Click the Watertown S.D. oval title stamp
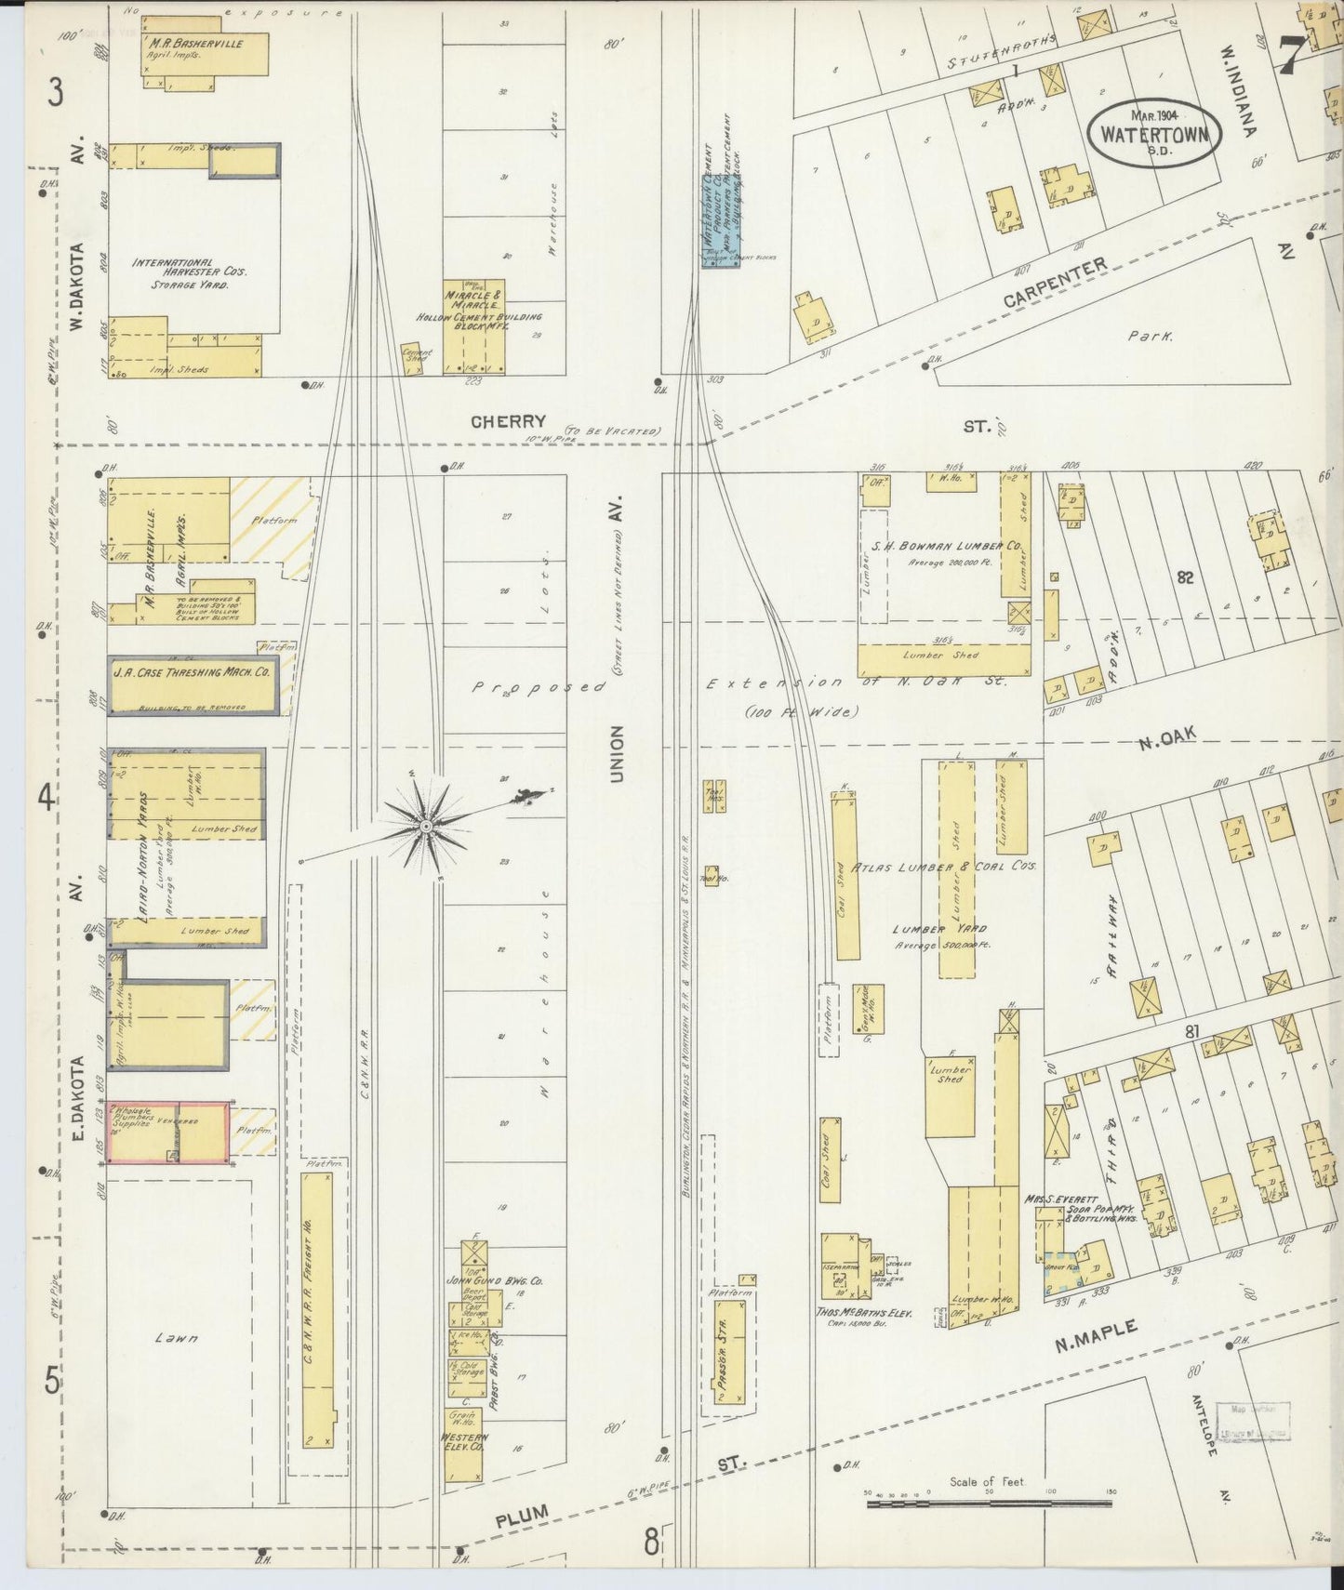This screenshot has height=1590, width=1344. point(1154,133)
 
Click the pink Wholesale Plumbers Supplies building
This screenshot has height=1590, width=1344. point(169,1133)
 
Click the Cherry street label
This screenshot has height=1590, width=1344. point(508,421)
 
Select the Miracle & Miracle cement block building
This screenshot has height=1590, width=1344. point(473,325)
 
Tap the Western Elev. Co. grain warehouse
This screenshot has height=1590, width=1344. point(462,1444)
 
